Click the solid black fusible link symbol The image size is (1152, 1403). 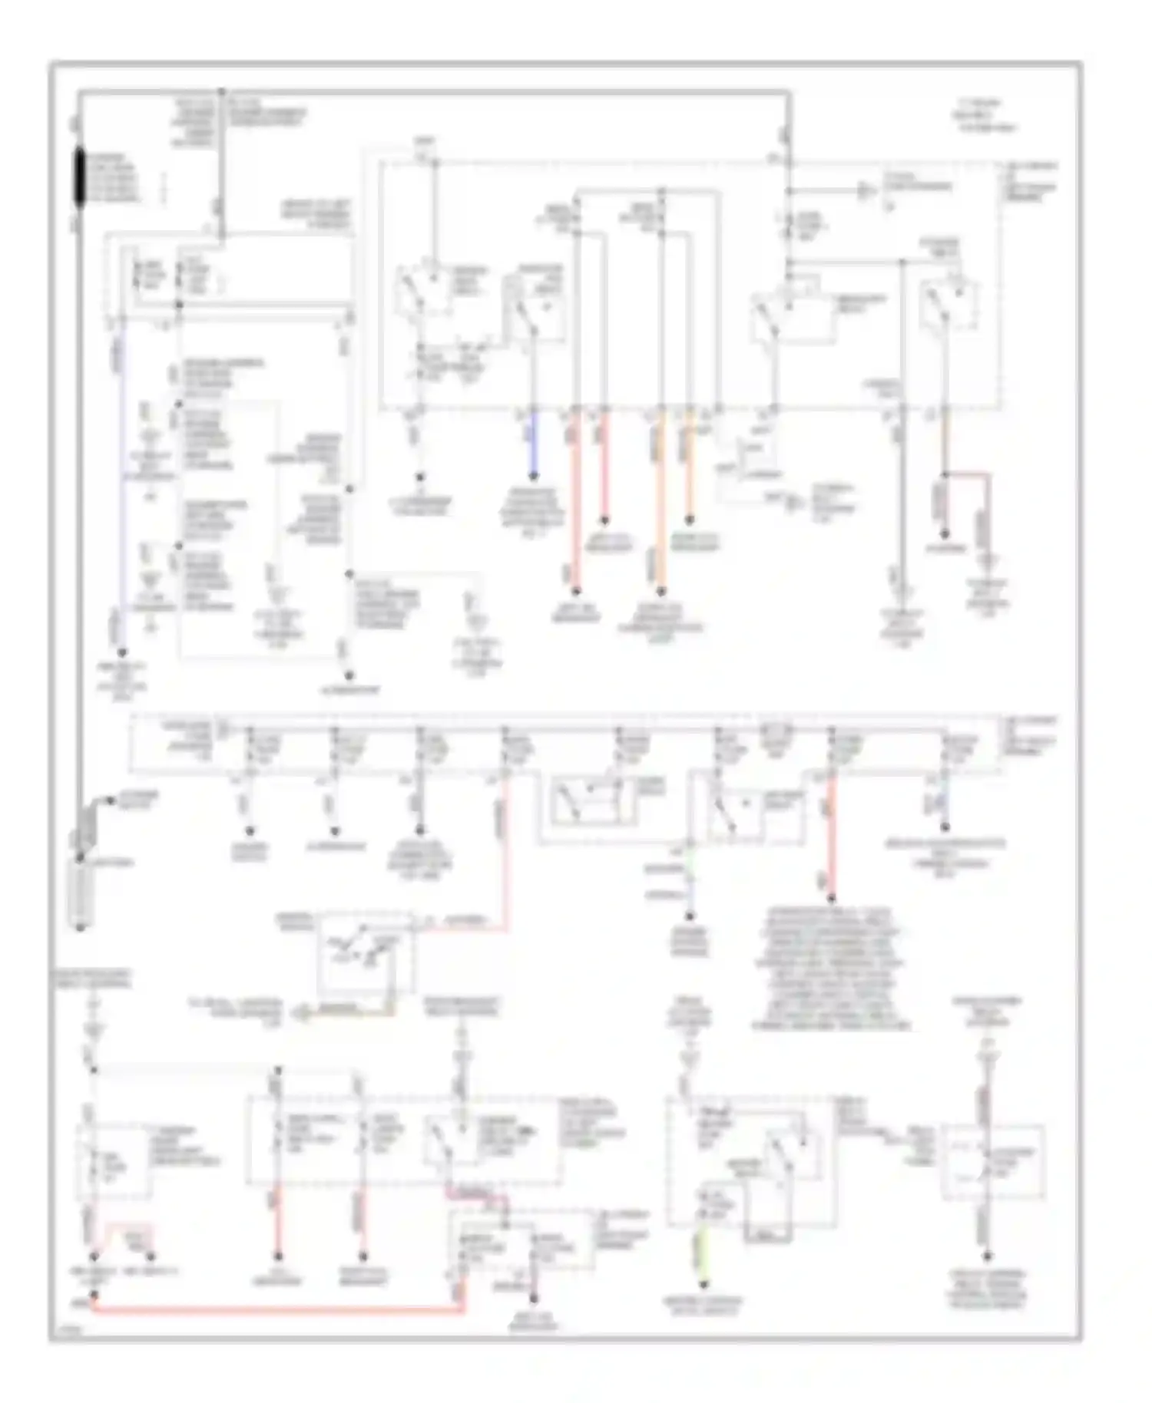coord(80,177)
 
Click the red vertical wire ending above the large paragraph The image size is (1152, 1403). coord(831,837)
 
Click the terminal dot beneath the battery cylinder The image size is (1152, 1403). coord(80,929)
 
